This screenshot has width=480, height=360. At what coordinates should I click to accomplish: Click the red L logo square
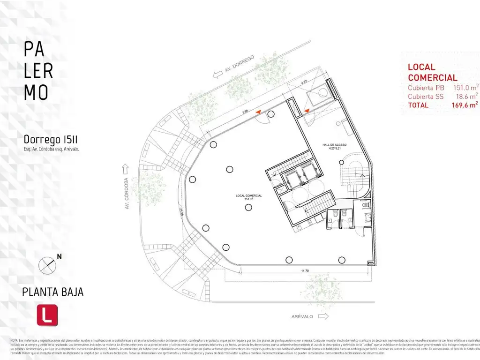(x=47, y=315)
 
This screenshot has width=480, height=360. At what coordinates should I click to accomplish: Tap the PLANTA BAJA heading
(x=53, y=292)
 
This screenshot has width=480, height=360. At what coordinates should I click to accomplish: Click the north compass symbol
(x=47, y=265)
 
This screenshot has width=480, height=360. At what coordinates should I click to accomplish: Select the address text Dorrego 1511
(x=50, y=140)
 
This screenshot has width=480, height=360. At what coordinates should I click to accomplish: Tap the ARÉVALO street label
(x=301, y=316)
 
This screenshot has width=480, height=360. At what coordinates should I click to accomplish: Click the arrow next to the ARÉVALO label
(x=323, y=316)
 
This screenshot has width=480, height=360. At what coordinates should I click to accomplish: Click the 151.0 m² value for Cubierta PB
(x=465, y=88)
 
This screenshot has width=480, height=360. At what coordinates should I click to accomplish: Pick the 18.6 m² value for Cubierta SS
(x=467, y=96)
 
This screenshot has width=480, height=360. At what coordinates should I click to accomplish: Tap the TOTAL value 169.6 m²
(x=465, y=105)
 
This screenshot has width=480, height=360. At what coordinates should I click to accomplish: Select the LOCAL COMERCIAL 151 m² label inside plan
(x=248, y=196)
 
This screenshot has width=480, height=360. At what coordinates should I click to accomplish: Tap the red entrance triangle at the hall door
(x=307, y=111)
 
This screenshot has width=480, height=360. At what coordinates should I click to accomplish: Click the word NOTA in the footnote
(x=14, y=339)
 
